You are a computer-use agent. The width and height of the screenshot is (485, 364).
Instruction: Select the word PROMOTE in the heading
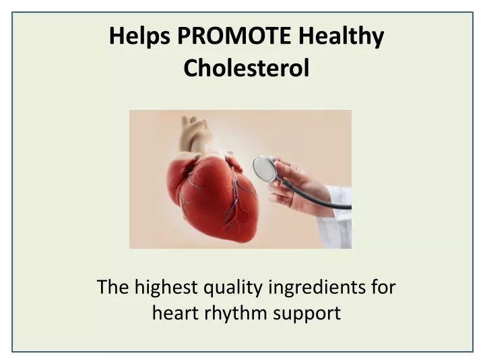click(234, 36)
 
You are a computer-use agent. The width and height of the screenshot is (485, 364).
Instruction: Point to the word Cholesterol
click(247, 68)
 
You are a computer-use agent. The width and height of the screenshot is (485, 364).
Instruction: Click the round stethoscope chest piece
click(264, 169)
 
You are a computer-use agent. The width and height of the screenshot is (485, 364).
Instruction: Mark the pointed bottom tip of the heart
click(246, 241)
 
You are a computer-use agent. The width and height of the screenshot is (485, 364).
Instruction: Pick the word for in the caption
click(383, 287)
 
